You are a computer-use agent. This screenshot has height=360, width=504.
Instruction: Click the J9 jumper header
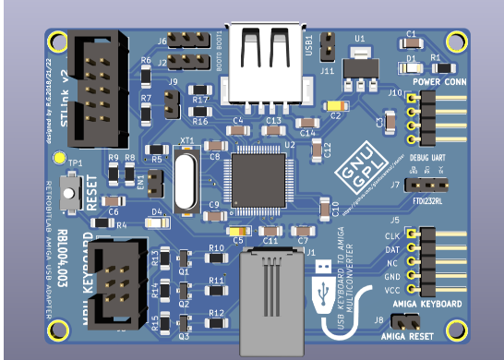coord(173,102)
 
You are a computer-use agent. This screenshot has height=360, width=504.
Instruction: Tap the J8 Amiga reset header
coord(402,321)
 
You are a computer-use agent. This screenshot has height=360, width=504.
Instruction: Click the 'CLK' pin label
coord(392,235)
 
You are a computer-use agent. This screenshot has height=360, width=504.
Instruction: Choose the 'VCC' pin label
coord(392,289)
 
